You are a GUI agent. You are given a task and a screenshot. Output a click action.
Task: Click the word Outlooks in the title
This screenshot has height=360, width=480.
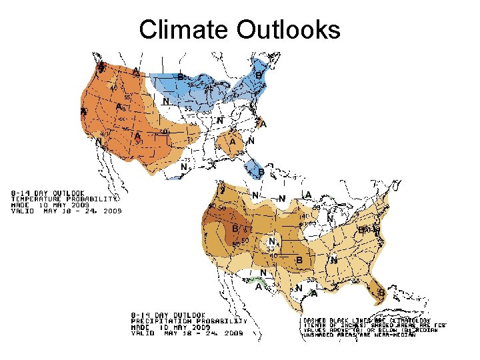click(x=288, y=29)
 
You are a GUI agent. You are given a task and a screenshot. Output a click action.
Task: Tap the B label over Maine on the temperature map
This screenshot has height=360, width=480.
click(x=259, y=75)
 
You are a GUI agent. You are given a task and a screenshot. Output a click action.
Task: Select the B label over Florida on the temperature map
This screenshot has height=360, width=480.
click(x=261, y=173)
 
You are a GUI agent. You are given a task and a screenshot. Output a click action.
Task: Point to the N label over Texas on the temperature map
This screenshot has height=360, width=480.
click(x=184, y=167)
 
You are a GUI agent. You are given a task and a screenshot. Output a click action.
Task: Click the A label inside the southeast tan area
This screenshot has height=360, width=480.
click(x=233, y=142)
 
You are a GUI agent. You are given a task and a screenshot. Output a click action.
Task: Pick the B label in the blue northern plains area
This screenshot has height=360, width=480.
click(x=180, y=77)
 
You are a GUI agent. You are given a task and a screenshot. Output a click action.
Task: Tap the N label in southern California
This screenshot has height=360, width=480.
click(x=99, y=141)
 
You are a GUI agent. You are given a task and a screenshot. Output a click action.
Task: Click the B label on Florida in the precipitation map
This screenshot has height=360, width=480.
click(x=381, y=293)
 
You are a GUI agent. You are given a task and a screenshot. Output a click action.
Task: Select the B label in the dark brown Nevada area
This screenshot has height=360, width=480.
click(x=235, y=229)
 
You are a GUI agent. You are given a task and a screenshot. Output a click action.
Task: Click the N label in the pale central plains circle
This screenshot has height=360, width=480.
click(x=271, y=241)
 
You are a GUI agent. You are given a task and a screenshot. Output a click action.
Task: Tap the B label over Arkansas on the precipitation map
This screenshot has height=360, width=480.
click(x=299, y=259)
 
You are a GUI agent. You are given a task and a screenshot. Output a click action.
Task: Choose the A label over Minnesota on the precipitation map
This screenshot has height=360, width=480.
click(x=307, y=195)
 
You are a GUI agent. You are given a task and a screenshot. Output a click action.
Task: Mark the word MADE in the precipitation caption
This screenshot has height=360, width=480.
click(x=141, y=327)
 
